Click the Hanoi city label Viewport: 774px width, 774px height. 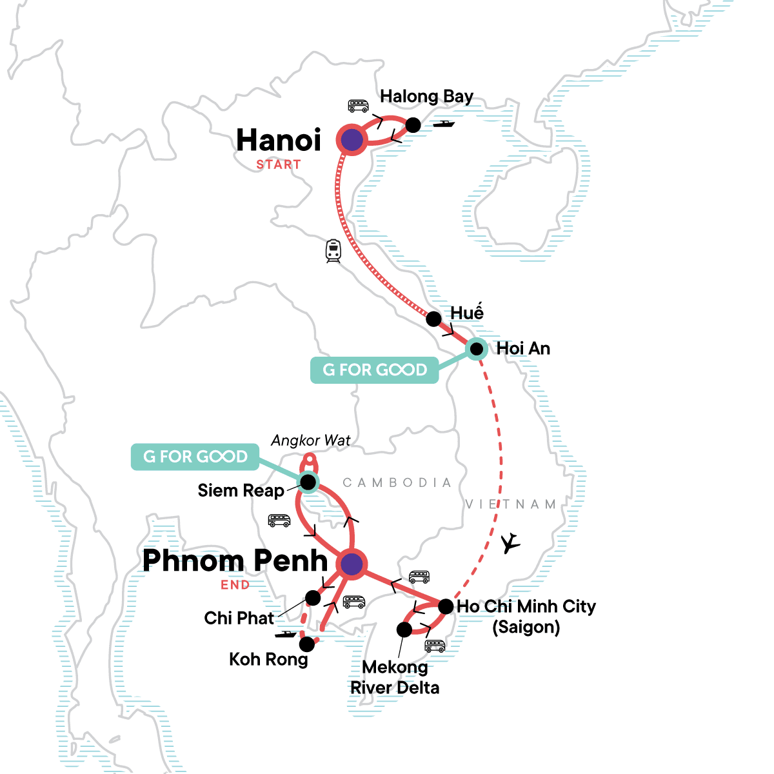click(x=279, y=140)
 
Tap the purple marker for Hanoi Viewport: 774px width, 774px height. click(x=352, y=139)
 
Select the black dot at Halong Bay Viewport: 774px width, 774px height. click(x=413, y=125)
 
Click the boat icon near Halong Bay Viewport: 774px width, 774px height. click(x=444, y=123)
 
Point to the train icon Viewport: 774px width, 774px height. click(x=333, y=250)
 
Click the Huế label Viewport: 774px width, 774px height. click(x=467, y=312)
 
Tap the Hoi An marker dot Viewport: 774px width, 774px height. click(x=477, y=349)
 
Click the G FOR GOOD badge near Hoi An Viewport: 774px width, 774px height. click(x=375, y=370)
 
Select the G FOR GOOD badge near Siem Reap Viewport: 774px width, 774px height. click(x=195, y=457)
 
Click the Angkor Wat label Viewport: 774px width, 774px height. click(x=311, y=441)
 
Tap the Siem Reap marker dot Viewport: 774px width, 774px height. click(x=308, y=482)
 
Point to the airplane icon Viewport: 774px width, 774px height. click(x=511, y=543)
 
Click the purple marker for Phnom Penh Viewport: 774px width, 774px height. click(x=351, y=564)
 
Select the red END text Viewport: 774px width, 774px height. click(x=235, y=585)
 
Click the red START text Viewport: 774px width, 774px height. click(x=279, y=164)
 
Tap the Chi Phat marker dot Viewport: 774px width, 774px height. click(x=313, y=598)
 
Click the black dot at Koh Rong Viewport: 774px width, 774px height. click(x=307, y=643)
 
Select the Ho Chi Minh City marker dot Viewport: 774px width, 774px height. click(x=446, y=607)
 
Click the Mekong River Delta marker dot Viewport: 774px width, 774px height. click(x=404, y=629)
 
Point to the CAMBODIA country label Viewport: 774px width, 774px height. click(x=397, y=482)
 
